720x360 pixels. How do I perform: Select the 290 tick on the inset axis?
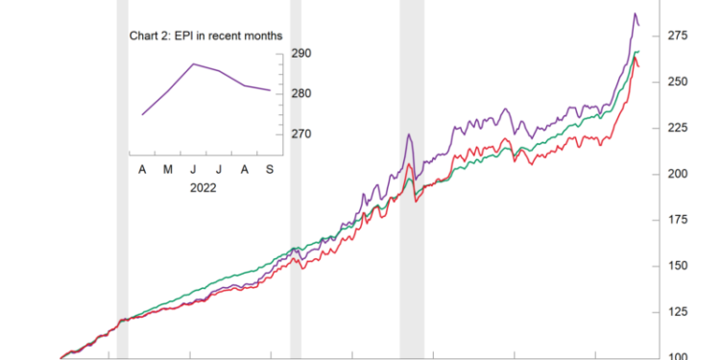point(300,54)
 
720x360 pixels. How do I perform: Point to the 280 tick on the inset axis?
point(300,94)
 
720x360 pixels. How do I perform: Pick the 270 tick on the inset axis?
point(300,134)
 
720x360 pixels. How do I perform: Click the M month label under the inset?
point(168,169)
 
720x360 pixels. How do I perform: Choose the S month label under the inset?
point(270,169)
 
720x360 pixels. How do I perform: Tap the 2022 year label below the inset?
point(203,188)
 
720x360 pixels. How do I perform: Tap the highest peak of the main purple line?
point(635,14)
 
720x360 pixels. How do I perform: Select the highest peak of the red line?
point(636,57)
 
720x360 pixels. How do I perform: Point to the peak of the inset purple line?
point(194,64)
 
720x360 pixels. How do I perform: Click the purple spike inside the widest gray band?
point(409,134)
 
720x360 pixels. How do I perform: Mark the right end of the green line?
point(638,51)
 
